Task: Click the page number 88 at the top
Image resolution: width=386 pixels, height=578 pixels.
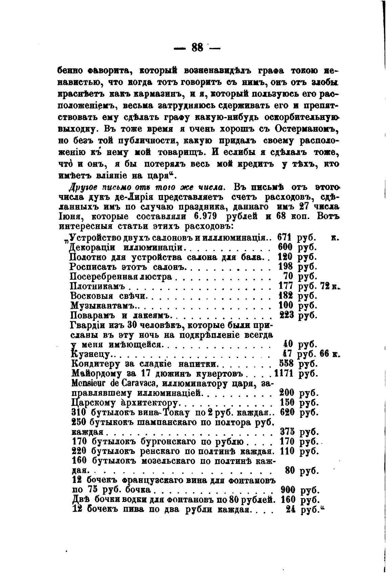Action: (197, 47)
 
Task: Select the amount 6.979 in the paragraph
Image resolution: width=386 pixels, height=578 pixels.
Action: (201, 216)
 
